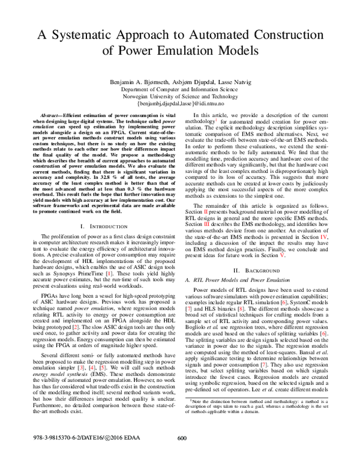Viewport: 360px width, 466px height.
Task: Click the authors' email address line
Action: point(180,104)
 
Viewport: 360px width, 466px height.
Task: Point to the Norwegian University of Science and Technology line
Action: point(180,96)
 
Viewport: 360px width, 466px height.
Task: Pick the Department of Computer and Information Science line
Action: point(180,89)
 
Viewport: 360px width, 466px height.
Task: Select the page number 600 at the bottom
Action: point(183,454)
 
